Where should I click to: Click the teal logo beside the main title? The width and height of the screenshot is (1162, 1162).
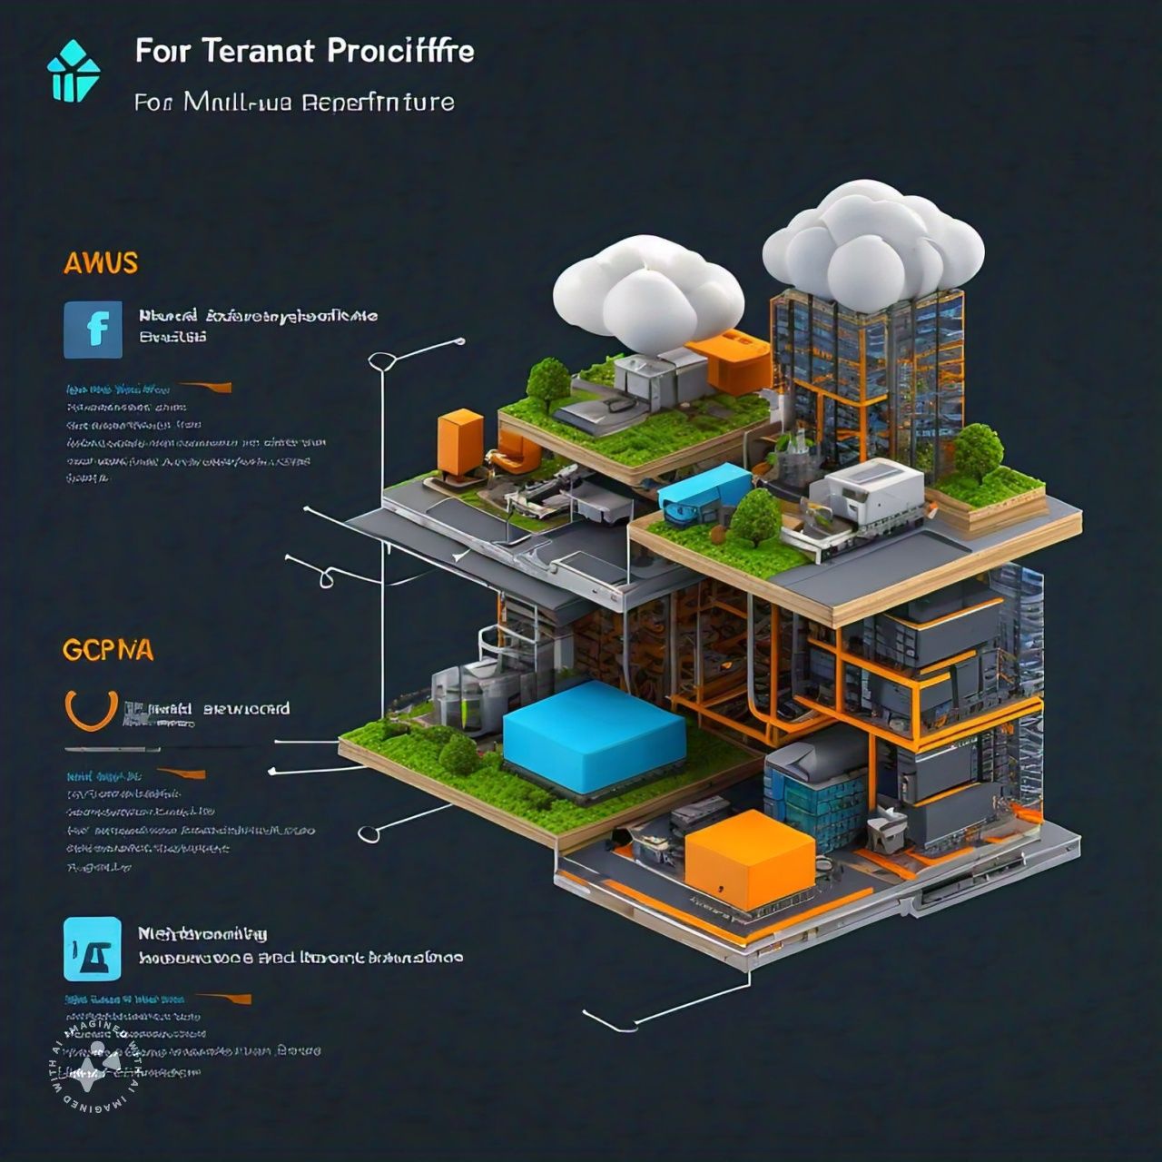click(73, 73)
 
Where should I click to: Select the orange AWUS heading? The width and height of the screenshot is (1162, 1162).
click(101, 263)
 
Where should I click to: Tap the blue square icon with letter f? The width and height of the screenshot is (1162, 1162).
click(93, 330)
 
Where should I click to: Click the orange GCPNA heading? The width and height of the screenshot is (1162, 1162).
click(107, 650)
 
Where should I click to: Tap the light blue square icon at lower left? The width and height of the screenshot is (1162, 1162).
click(93, 949)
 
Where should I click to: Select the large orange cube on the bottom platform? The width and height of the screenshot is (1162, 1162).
click(749, 858)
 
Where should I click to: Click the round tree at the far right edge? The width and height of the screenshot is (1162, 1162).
click(979, 452)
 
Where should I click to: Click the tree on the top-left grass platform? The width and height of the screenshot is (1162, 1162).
click(547, 379)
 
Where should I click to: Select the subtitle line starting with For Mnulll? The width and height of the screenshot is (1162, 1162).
click(294, 102)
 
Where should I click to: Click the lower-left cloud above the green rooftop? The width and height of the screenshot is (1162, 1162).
click(649, 290)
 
